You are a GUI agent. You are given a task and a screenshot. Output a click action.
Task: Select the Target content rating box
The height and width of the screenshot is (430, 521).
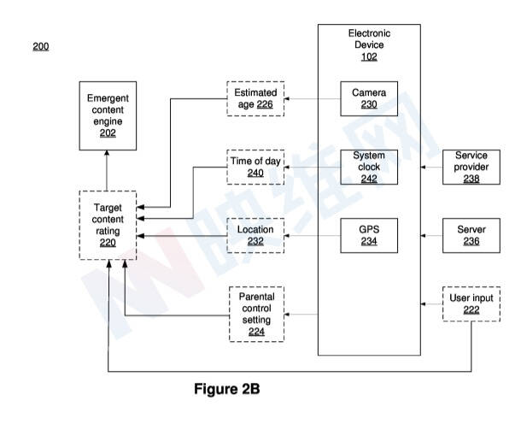[x=107, y=225]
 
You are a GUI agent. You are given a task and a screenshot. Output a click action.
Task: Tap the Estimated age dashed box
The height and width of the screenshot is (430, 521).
[x=255, y=100]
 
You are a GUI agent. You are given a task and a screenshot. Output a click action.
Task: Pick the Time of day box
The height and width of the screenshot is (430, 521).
[x=255, y=166]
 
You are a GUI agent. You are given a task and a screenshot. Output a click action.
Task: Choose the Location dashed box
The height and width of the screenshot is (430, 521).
[x=255, y=236]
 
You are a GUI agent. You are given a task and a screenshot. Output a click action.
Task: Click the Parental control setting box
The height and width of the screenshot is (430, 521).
[x=255, y=314]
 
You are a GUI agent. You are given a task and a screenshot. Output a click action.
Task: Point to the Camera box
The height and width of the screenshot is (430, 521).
[x=369, y=99]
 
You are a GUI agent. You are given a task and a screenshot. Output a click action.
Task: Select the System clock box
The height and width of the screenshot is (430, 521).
[x=369, y=167]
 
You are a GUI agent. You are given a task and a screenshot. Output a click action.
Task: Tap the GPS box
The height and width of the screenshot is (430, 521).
[x=369, y=235]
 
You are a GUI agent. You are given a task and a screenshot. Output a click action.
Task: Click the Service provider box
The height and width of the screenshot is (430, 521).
[x=471, y=167]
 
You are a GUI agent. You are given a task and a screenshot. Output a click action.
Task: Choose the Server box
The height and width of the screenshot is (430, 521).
[x=471, y=236]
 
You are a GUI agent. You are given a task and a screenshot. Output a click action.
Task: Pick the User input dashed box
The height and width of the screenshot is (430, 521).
[x=471, y=304]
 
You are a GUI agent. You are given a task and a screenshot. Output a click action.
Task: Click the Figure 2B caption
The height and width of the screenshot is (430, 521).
[x=227, y=390]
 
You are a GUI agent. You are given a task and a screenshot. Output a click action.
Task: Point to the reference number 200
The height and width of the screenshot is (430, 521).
[x=41, y=45]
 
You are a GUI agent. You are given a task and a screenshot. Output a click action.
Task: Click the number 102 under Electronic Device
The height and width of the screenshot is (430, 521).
[x=369, y=57]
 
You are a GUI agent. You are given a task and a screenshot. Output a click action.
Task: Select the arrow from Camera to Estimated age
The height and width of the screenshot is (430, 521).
[x=312, y=100]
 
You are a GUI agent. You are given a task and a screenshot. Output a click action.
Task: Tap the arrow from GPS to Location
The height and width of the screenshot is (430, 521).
[x=312, y=236]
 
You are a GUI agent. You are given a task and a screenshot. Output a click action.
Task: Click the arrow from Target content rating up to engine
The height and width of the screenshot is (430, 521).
[x=107, y=169]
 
